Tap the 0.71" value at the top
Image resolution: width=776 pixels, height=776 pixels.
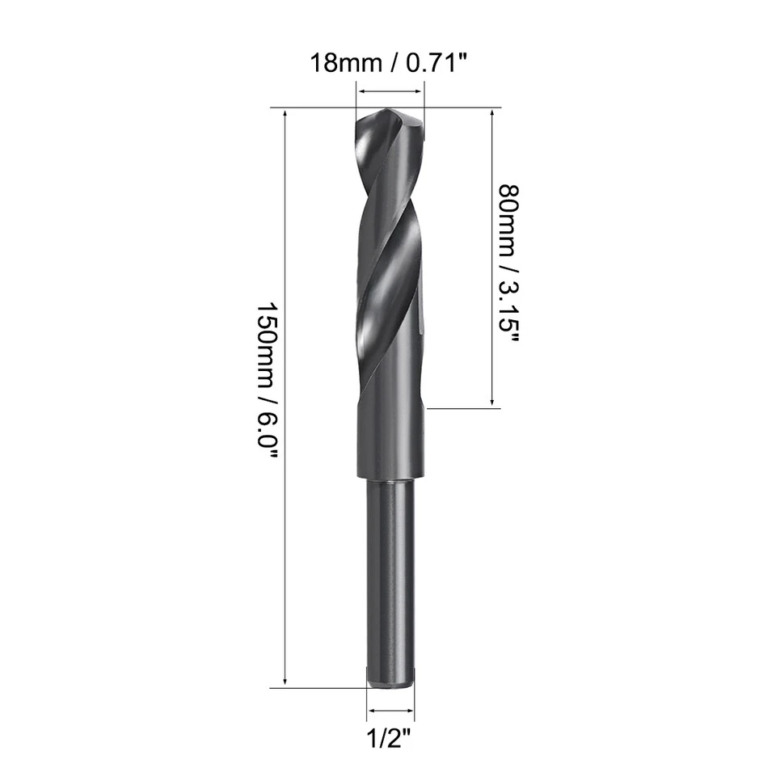pos(435,63)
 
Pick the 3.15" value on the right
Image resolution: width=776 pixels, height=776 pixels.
pos(509,310)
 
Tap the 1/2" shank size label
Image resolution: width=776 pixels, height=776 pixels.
pos(391,737)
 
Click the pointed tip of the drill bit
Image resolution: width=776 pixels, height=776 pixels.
pos(390,113)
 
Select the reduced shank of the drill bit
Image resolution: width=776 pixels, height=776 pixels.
pos(391,582)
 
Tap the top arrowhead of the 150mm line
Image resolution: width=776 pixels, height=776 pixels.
pos(285,112)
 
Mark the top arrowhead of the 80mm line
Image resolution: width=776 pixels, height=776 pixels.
pos(492,112)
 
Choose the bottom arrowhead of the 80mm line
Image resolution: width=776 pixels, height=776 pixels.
pos(492,403)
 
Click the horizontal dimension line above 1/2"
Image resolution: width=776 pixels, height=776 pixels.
pos(391,711)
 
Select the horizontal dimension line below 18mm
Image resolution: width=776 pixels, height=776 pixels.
pos(390,91)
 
